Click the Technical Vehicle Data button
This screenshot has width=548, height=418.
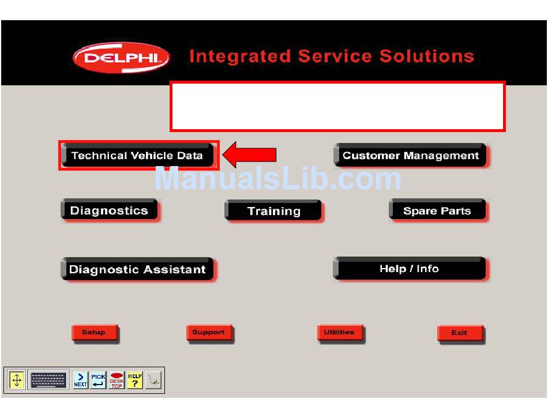tap(137, 156)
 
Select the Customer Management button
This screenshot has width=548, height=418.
tap(410, 156)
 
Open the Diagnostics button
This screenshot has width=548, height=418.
tap(109, 210)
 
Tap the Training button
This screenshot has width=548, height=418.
tap(273, 211)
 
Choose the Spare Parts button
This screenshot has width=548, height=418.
tap(437, 211)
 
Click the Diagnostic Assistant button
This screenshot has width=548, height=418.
tap(137, 269)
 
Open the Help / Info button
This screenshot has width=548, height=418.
tap(410, 269)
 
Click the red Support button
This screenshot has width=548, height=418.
tap(209, 332)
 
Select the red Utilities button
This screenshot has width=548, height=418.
tap(339, 332)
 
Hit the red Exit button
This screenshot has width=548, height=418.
tap(459, 333)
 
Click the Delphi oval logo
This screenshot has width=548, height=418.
tap(121, 58)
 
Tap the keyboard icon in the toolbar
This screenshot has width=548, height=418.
tap(48, 380)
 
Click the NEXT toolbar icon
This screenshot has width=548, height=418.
tap(81, 380)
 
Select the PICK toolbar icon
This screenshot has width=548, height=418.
tap(99, 380)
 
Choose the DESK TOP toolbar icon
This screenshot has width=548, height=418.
tap(117, 380)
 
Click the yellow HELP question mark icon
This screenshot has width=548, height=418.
tap(134, 380)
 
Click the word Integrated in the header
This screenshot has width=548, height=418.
tap(239, 57)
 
